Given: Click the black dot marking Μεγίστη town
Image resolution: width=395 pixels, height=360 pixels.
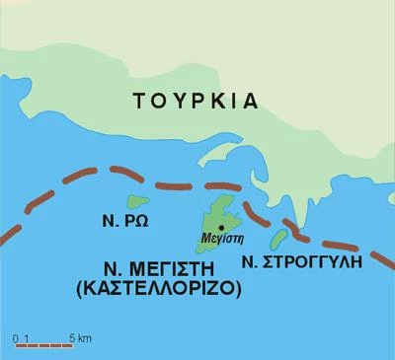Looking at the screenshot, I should [x=220, y=227].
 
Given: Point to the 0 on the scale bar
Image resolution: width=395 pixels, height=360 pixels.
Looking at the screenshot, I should [x=17, y=337].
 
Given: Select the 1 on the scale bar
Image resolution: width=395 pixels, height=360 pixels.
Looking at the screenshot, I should [x=28, y=337].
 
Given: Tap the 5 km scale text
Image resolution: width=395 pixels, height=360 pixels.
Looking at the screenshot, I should [x=80, y=337].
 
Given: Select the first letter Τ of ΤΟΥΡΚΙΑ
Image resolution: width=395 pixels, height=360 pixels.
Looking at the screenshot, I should [x=139, y=100].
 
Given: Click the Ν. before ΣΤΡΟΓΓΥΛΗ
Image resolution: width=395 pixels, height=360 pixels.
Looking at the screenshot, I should [x=250, y=262].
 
